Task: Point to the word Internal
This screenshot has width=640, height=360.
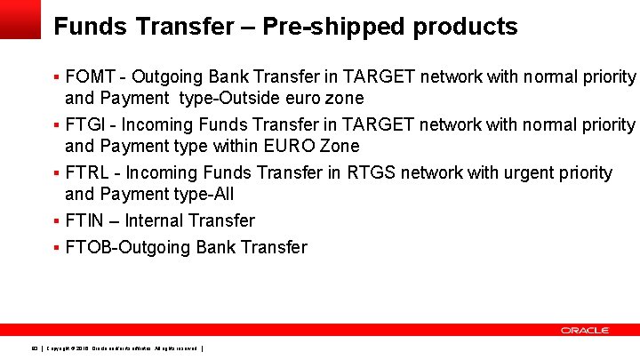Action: pos(156,220)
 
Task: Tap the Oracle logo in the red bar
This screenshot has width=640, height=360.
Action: pos(584,330)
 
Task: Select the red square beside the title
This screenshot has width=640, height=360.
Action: pos(20,19)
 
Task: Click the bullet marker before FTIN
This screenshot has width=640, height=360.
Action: pos(57,220)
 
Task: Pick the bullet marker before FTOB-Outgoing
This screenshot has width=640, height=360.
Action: pos(57,247)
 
